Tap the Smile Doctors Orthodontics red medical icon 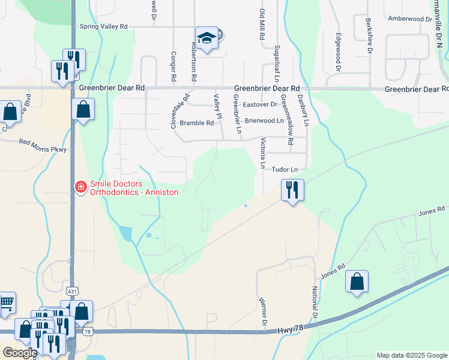tap(79, 188)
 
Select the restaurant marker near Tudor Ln tap(292, 191)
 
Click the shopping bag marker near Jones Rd tap(357, 282)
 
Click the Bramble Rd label tap(200, 123)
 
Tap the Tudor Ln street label tap(285, 170)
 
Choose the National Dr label tap(314, 303)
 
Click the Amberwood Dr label tap(410, 19)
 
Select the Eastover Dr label tap(259, 104)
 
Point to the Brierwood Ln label tap(264, 121)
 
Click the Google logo tap(19, 353)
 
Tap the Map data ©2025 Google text tap(412, 355)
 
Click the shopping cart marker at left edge tap(6, 302)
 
